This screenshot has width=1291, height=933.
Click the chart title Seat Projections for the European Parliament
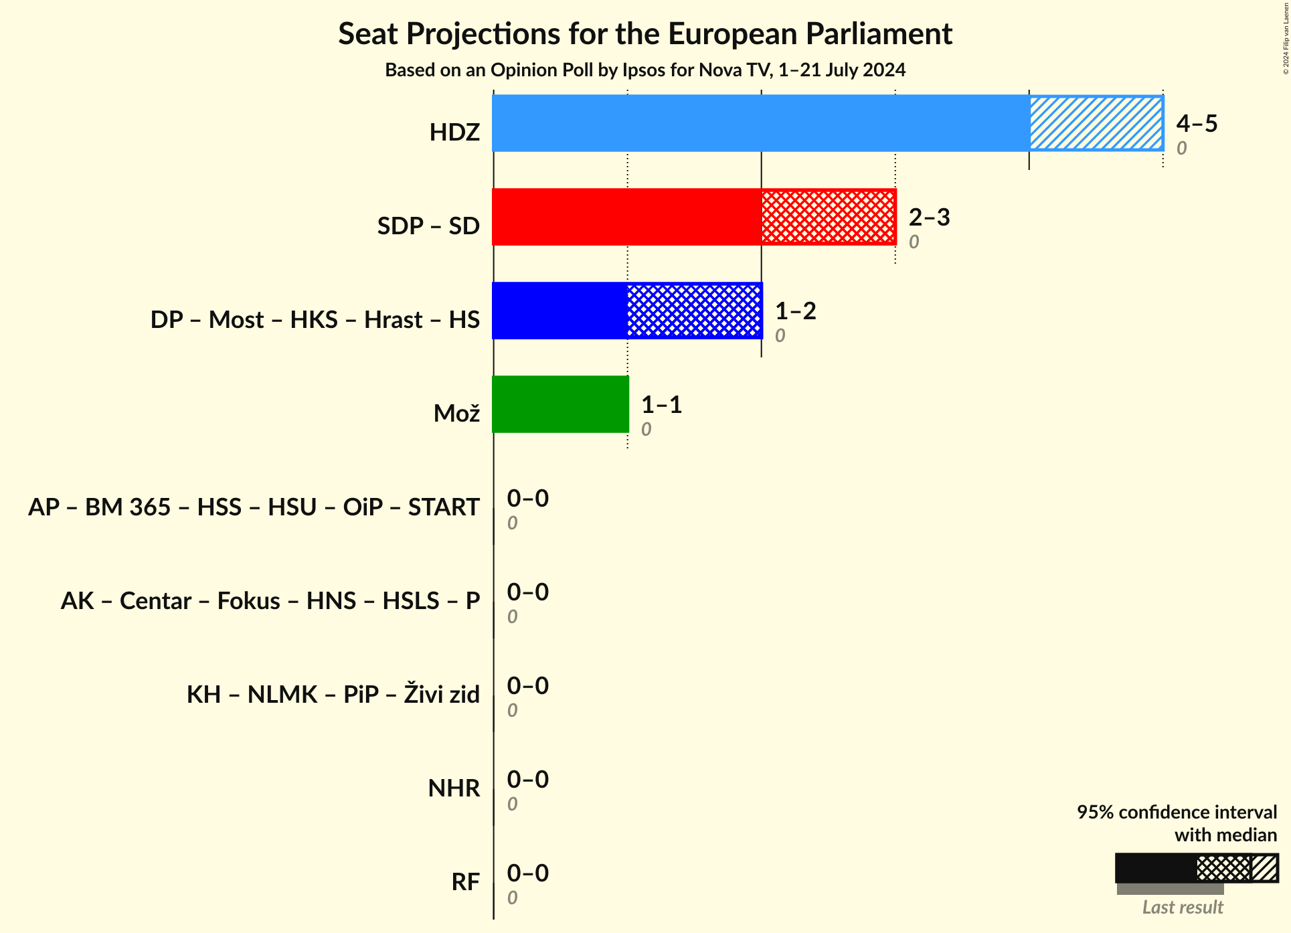click(644, 33)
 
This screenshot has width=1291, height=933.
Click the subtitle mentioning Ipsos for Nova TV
click(644, 70)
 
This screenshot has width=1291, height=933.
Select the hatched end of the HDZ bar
click(1096, 123)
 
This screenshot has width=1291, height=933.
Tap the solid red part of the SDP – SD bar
click(626, 217)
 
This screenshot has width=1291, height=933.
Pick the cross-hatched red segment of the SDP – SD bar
click(828, 217)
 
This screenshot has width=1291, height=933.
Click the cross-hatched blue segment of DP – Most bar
click(694, 311)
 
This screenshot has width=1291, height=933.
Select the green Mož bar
click(560, 404)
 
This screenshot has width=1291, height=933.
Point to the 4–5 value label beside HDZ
click(1197, 123)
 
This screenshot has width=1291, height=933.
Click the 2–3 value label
click(929, 217)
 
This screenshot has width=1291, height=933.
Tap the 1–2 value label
click(795, 311)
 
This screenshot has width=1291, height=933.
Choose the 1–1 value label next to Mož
click(661, 404)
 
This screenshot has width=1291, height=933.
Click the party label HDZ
click(454, 133)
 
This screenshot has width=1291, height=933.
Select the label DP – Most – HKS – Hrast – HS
click(315, 320)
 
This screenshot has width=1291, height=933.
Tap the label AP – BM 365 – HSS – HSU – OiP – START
click(254, 507)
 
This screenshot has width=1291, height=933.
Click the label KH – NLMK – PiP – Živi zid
click(333, 695)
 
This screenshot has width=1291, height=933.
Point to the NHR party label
click(454, 788)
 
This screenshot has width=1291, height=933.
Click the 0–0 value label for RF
click(527, 873)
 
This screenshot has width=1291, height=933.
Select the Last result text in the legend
click(1182, 908)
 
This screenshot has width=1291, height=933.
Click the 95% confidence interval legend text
click(1176, 813)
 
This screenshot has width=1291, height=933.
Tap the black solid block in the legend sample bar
click(1155, 868)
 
